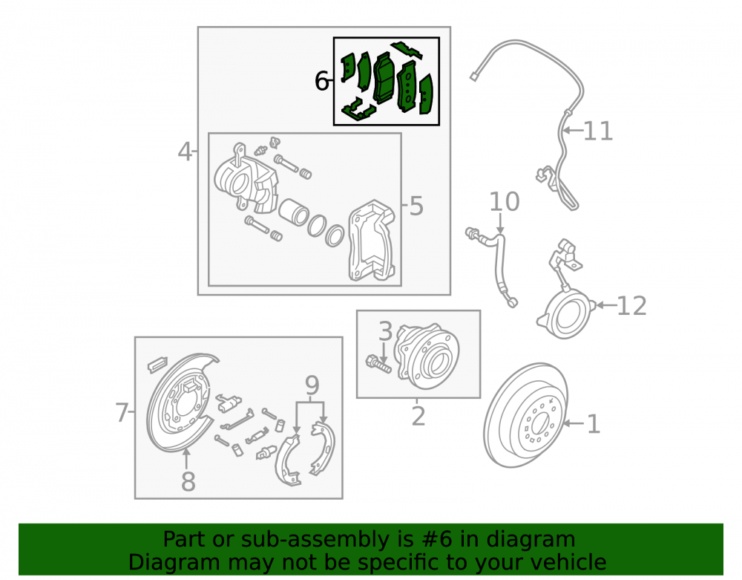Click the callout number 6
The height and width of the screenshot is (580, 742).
[x=322, y=81]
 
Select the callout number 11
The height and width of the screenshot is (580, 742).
[x=598, y=131]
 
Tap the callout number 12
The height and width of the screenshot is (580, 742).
[x=631, y=306]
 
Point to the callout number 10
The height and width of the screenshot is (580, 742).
[x=504, y=202]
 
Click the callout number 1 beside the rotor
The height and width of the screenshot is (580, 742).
[x=594, y=424]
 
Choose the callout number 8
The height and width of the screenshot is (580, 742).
[x=188, y=481]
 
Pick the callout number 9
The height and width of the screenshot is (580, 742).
[x=312, y=385]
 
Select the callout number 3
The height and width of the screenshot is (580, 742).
[x=386, y=331]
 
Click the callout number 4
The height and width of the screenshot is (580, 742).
[x=185, y=152]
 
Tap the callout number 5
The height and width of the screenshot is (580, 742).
[x=416, y=206]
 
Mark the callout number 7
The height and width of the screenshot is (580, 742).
[x=122, y=412]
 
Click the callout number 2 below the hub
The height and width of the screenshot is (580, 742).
[x=418, y=416]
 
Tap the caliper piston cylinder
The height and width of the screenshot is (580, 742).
[x=293, y=212]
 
